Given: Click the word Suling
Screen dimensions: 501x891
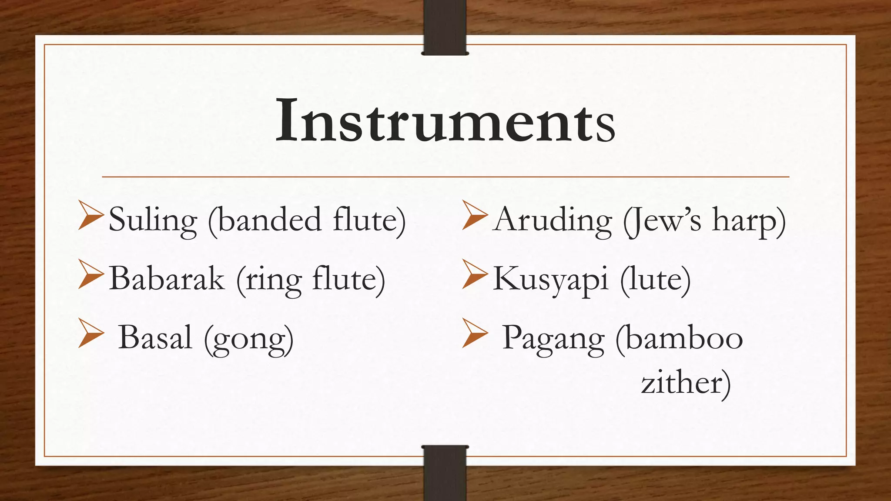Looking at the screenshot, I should pyautogui.click(x=153, y=220).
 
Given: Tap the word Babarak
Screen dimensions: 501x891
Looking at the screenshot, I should pyautogui.click(x=167, y=279).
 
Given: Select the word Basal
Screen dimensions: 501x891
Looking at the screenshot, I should pyautogui.click(x=155, y=337).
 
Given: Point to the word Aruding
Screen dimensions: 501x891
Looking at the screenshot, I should pyautogui.click(x=553, y=220).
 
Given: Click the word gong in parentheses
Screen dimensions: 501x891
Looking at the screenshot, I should pyautogui.click(x=249, y=339).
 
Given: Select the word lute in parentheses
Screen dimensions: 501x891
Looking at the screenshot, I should pyautogui.click(x=655, y=279).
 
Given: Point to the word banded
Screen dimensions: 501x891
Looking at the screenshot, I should pyautogui.click(x=270, y=219).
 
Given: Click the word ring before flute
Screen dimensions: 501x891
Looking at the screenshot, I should pyautogui.click(x=274, y=281).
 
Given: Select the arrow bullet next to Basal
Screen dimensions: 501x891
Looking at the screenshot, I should pyautogui.click(x=90, y=333).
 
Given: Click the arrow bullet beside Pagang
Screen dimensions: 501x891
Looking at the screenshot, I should pyautogui.click(x=474, y=333).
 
